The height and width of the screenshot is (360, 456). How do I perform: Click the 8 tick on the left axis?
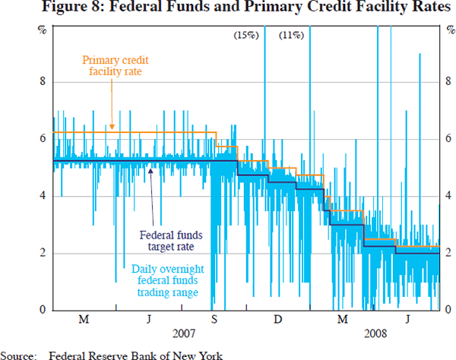[x=42, y=82]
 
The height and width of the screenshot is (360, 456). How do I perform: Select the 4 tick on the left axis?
[x=42, y=196]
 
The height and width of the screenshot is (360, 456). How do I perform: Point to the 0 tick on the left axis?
[x=42, y=309]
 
